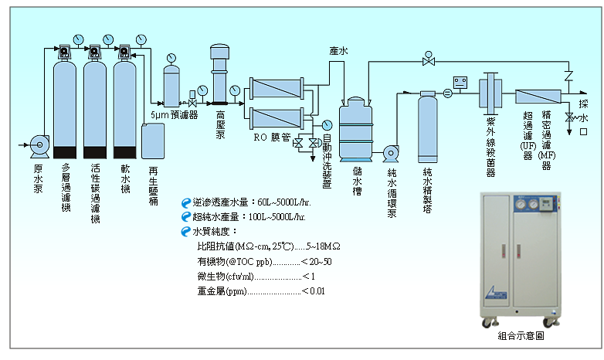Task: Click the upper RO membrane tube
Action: click(x=277, y=87)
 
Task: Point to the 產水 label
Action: click(x=338, y=51)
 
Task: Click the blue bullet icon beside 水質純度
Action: click(x=185, y=231)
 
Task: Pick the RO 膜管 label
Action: click(x=271, y=138)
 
